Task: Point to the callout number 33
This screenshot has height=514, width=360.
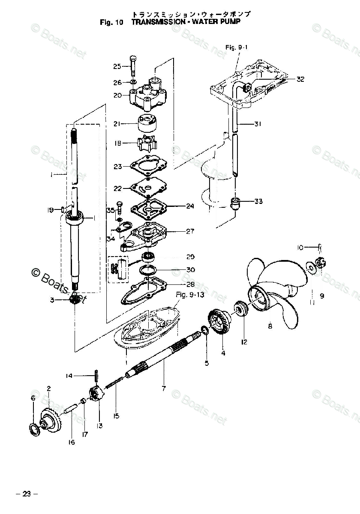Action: click(258, 201)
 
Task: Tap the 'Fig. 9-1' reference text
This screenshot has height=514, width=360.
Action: click(236, 48)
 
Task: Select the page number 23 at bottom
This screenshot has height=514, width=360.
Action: click(27, 494)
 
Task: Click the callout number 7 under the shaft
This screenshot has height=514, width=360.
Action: click(163, 388)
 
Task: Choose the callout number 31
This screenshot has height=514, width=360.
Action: click(257, 124)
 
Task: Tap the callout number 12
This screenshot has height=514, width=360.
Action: click(244, 342)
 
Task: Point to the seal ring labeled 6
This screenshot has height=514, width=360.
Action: click(33, 428)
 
